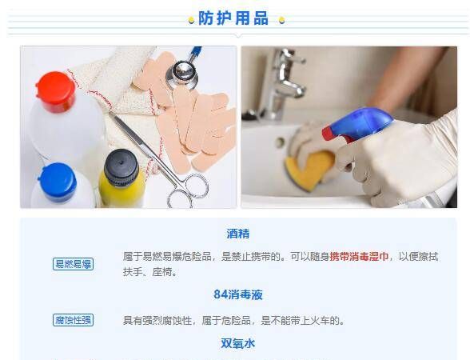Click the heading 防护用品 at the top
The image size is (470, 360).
233,18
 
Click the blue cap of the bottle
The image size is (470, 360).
57,180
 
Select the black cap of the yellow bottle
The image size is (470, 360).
121,166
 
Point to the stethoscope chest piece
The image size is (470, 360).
181,74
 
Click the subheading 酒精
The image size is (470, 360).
237,234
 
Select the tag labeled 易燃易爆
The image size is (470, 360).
74,264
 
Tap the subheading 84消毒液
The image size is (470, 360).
237,294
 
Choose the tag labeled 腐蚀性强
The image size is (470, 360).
74,320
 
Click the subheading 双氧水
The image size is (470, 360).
237,343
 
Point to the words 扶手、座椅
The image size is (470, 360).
149,272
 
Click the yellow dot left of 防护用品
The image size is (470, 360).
191,20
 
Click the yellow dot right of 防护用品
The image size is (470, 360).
281,20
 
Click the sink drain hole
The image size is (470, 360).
281,142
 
